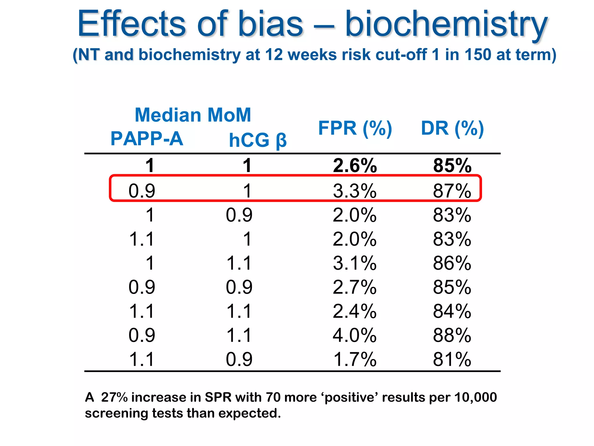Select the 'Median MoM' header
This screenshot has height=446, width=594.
coord(193,115)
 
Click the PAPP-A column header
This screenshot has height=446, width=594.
coord(147,139)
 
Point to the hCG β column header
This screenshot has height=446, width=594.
coord(258,140)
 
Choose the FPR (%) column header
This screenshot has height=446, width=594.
coord(355,128)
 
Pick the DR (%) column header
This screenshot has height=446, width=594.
coord(452,128)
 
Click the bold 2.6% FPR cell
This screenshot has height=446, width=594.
coord(355,166)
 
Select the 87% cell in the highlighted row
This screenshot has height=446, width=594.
coord(452,191)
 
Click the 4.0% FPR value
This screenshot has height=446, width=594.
coord(354,335)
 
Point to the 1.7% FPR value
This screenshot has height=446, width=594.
coord(355,359)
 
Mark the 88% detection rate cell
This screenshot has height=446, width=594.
coord(452,335)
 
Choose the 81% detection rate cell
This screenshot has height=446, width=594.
coord(452,359)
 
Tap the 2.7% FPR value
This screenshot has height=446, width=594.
coord(354,287)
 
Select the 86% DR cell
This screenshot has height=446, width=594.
coord(452,263)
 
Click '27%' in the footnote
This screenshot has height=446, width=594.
coord(114,397)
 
